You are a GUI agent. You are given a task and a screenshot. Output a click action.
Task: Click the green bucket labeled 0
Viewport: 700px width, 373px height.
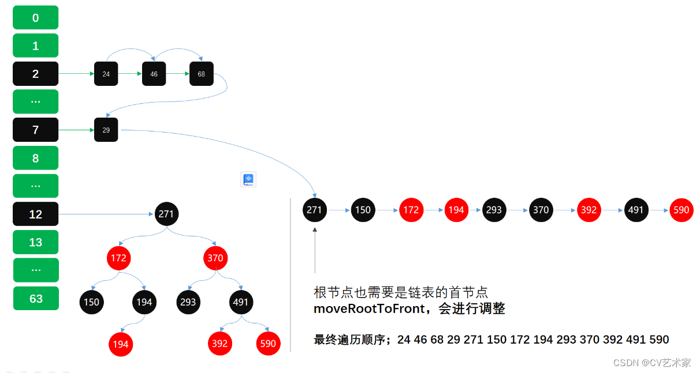pyautogui.click(x=35, y=18)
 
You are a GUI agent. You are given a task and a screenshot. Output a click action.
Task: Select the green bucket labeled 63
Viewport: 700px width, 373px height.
pyautogui.click(x=36, y=299)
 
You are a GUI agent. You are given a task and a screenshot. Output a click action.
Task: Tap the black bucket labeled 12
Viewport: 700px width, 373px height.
pyautogui.click(x=35, y=214)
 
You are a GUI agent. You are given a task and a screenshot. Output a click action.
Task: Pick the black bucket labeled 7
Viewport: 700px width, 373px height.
pyautogui.click(x=35, y=130)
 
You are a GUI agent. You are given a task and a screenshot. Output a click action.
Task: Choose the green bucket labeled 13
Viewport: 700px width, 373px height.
pyautogui.click(x=35, y=242)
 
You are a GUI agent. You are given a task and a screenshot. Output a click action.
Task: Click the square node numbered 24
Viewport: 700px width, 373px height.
pyautogui.click(x=106, y=74)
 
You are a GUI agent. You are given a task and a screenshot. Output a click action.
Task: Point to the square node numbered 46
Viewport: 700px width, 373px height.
pyautogui.click(x=154, y=74)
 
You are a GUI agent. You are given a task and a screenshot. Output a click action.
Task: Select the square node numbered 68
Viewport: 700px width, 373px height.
pyautogui.click(x=201, y=74)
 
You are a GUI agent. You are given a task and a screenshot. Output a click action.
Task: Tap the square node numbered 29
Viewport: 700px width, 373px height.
pyautogui.click(x=106, y=130)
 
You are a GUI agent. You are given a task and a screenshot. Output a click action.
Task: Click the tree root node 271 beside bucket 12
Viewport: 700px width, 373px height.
pyautogui.click(x=167, y=214)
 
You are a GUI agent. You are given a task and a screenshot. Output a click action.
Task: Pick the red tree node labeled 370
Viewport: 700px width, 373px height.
pyautogui.click(x=215, y=258)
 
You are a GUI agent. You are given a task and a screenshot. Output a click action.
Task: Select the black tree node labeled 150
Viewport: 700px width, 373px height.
pyautogui.click(x=91, y=302)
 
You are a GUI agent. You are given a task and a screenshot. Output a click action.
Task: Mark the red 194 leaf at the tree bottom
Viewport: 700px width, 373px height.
pyautogui.click(x=121, y=344)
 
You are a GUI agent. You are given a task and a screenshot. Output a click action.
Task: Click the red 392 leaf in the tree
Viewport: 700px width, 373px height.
pyautogui.click(x=219, y=344)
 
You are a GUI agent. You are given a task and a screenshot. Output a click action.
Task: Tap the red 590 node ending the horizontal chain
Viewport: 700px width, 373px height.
pyautogui.click(x=682, y=210)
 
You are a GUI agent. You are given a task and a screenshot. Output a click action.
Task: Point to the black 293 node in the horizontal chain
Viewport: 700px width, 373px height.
pyautogui.click(x=494, y=210)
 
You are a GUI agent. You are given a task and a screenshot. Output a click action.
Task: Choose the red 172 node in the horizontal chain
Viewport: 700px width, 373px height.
pyautogui.click(x=411, y=210)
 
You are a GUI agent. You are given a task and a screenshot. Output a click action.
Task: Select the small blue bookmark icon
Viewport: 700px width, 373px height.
pyautogui.click(x=248, y=179)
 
